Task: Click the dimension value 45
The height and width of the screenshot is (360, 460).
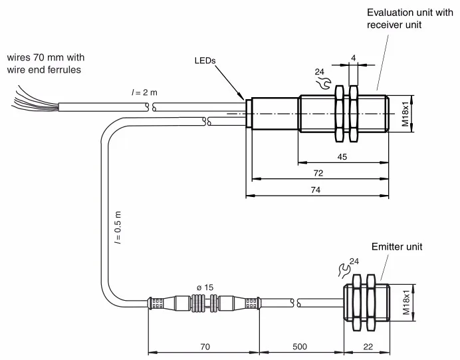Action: tap(342, 157)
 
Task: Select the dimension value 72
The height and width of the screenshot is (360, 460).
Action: tap(318, 173)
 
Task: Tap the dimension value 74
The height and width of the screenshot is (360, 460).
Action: tap(316, 190)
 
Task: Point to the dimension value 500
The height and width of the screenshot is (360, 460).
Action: tap(300, 347)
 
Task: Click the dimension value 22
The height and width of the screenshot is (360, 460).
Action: tap(368, 347)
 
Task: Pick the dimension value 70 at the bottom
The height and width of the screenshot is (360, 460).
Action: tap(205, 347)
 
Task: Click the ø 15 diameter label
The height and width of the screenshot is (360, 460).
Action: tap(205, 287)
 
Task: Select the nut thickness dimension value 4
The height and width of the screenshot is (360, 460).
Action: tap(354, 58)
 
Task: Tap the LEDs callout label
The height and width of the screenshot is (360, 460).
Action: tap(205, 61)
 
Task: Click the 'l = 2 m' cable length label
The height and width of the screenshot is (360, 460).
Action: tap(144, 92)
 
